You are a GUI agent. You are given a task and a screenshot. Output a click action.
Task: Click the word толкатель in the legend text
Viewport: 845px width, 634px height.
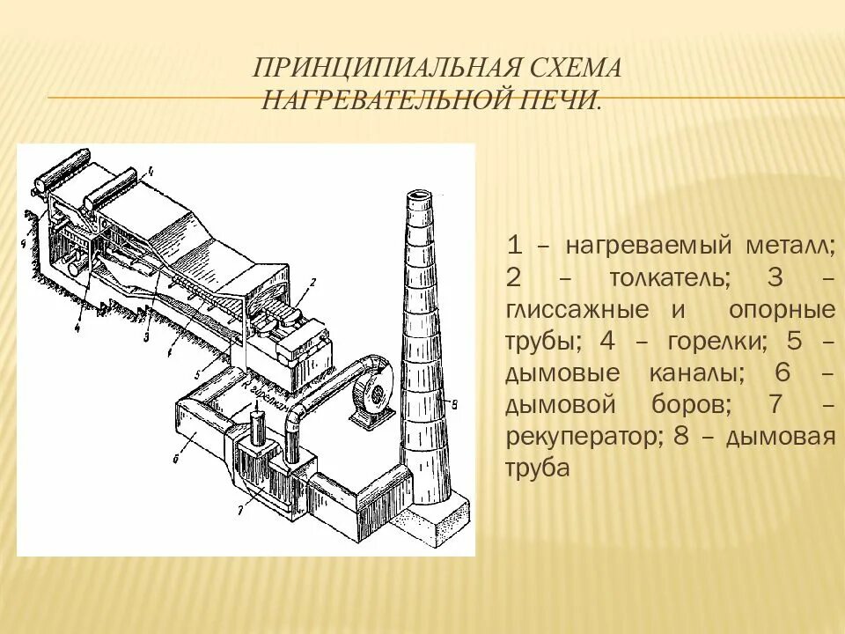pyautogui.click(x=668, y=279)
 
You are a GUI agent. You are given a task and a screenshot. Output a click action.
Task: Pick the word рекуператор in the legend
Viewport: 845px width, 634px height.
pyautogui.click(x=581, y=438)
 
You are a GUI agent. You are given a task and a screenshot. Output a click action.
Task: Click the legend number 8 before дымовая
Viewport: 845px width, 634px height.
pyautogui.click(x=679, y=438)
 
